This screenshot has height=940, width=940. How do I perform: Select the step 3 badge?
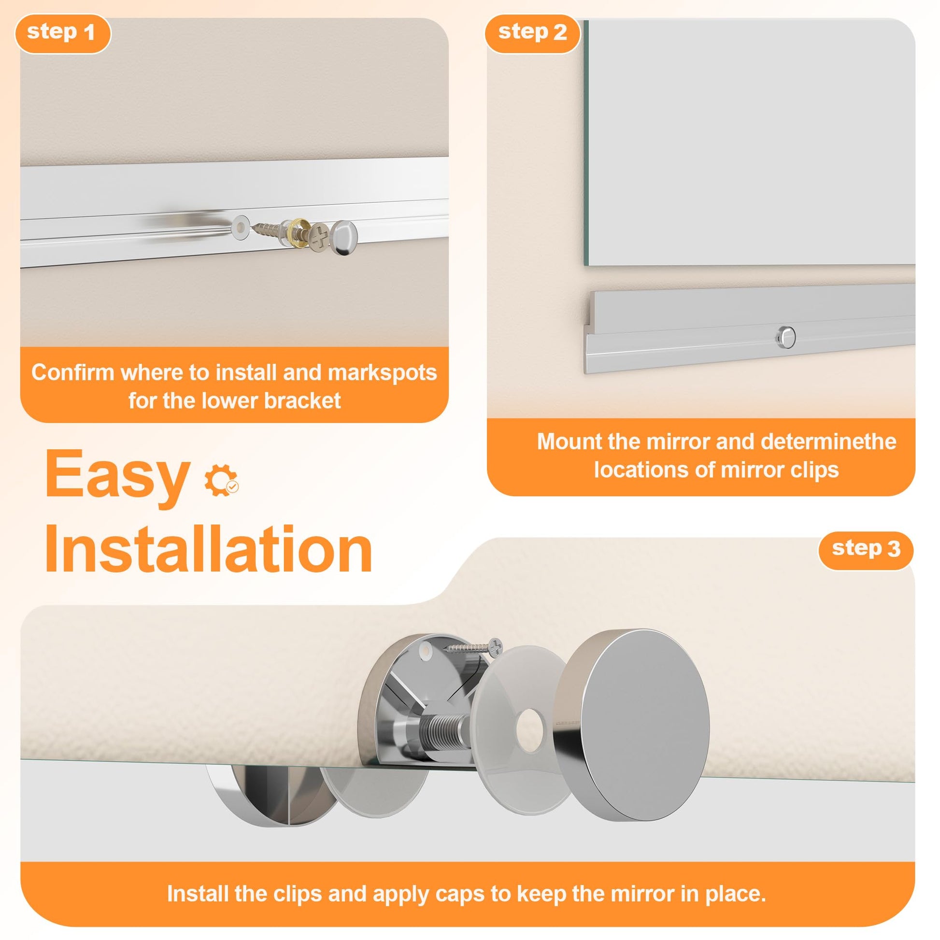click(866, 550)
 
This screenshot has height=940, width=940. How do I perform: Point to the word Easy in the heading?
click(117, 474)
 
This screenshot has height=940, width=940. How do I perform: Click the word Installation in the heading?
click(209, 549)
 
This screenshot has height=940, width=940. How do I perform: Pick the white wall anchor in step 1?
click(240, 227)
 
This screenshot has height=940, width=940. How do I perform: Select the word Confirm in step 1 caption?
click(72, 373)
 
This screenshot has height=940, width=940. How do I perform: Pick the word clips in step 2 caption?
click(814, 470)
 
